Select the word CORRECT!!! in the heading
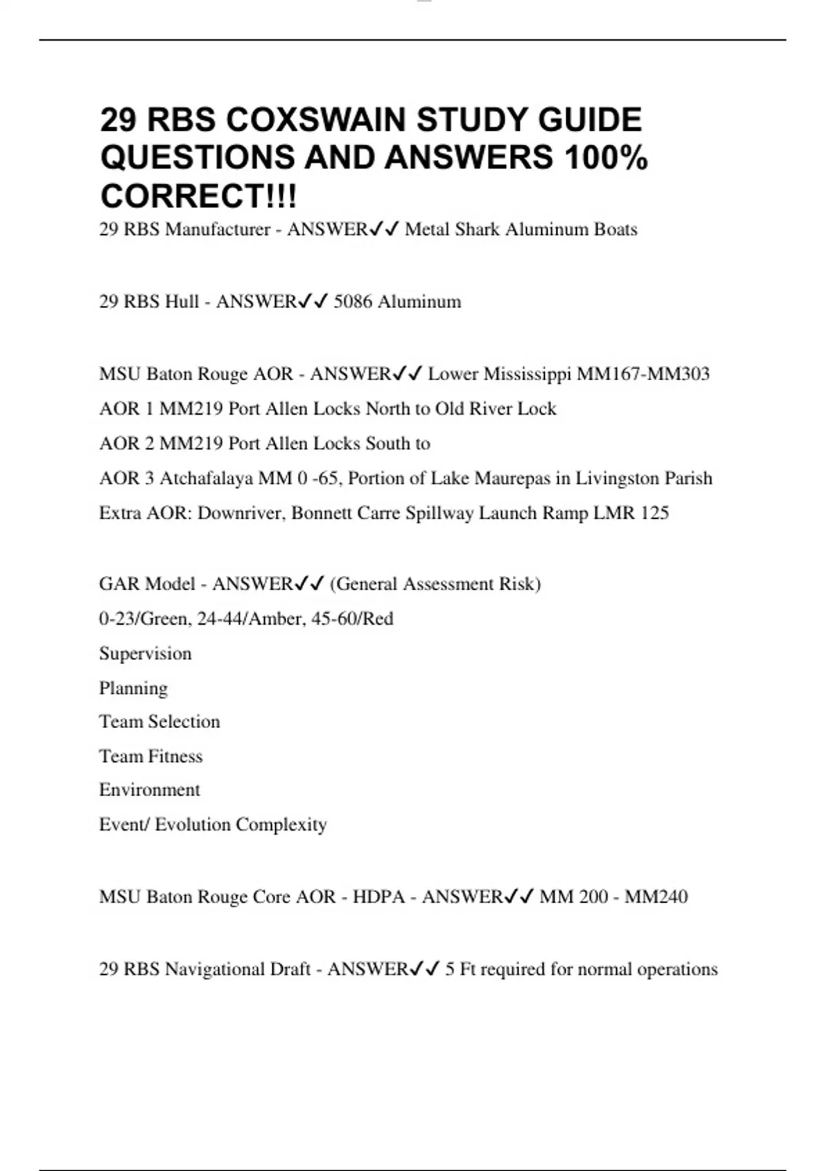pos(199,196)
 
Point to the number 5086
pos(352,302)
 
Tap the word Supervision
pos(145,653)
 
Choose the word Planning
pos(134,688)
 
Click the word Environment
pos(149,789)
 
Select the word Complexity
pos(282,825)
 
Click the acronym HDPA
pos(379,897)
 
